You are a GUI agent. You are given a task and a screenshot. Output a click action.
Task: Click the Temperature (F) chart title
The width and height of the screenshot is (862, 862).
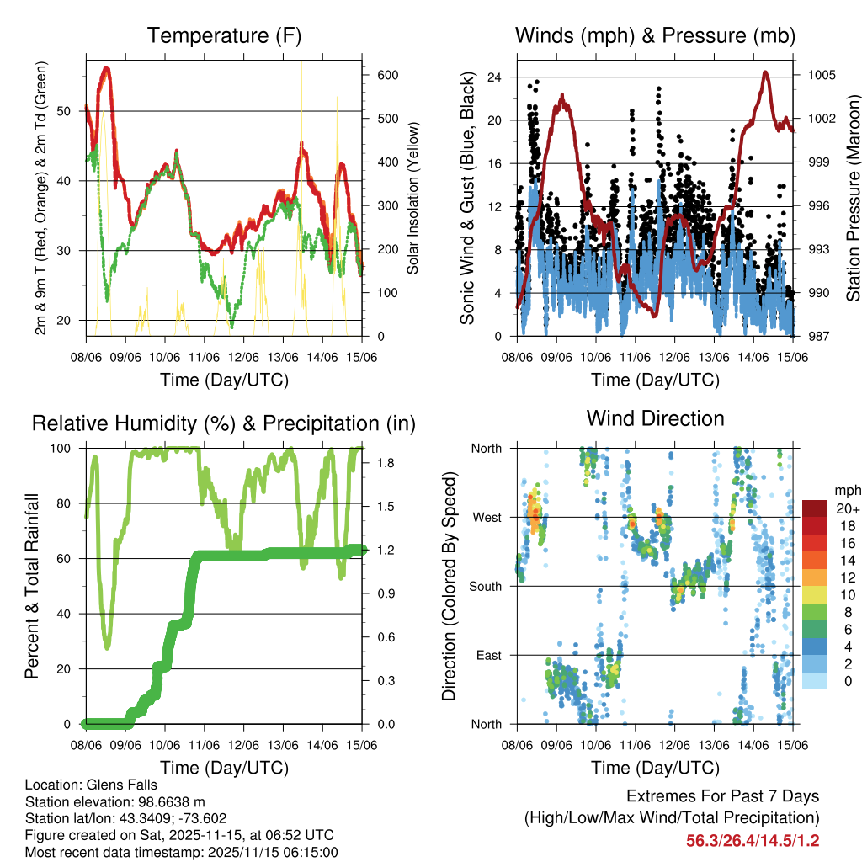[224, 36]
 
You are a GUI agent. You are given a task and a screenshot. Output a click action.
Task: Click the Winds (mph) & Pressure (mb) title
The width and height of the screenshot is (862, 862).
[655, 36]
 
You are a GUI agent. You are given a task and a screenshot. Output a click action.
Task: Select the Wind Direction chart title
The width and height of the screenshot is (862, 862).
[655, 418]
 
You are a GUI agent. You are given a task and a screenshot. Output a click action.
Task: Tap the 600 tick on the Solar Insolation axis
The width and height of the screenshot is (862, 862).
[387, 75]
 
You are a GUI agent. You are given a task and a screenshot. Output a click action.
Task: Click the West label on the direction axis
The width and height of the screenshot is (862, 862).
[487, 517]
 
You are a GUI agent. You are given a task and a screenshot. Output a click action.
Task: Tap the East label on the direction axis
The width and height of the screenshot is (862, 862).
[489, 655]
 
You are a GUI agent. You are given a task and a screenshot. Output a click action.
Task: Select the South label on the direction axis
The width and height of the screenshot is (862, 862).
[486, 586]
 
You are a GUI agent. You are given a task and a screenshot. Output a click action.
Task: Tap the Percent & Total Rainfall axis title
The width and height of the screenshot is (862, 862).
[34, 586]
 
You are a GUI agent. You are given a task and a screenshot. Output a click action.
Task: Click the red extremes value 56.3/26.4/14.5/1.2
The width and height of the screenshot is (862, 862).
[753, 840]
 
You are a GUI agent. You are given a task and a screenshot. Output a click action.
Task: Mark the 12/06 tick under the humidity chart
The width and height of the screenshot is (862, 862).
[243, 745]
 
